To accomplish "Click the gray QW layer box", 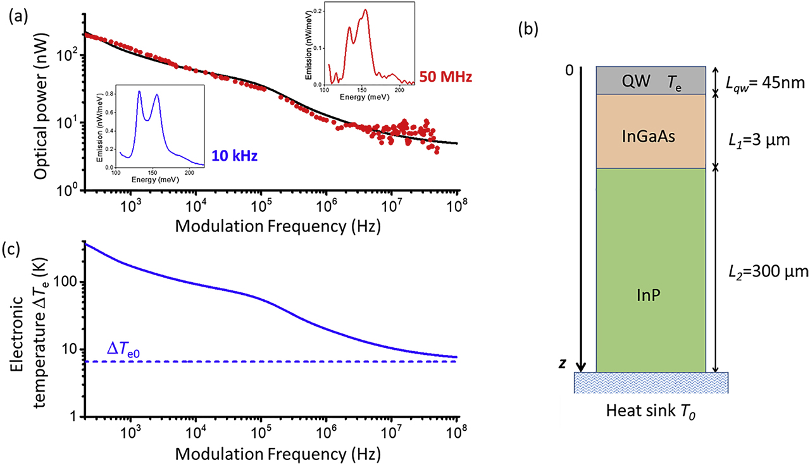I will click(x=651, y=80).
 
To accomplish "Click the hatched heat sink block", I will click(x=651, y=382).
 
